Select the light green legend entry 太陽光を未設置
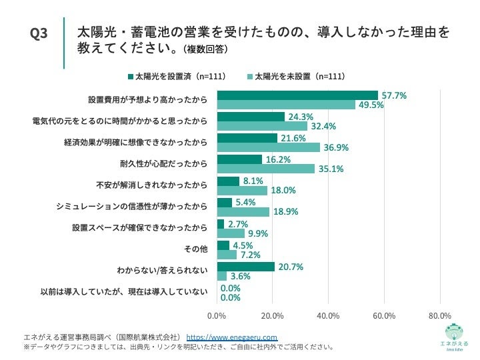click(x=296, y=77)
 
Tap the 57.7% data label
click(x=393, y=95)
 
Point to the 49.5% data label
click(x=371, y=105)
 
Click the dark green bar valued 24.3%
click(x=251, y=117)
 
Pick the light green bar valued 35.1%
click(x=266, y=169)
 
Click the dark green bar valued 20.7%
click(x=246, y=267)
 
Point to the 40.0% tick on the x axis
click(x=329, y=315)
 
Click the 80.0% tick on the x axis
click(x=440, y=315)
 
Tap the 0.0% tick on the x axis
click(x=217, y=315)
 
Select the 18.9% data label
click(x=285, y=211)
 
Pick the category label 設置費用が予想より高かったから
click(x=147, y=100)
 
